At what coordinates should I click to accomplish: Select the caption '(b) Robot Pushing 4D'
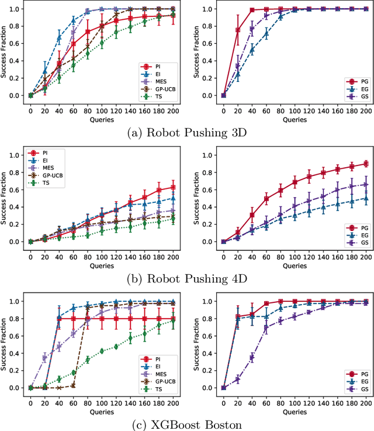tap(186, 275)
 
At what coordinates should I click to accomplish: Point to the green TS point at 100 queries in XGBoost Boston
tap(102, 350)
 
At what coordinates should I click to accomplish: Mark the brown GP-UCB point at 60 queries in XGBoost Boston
tap(73, 385)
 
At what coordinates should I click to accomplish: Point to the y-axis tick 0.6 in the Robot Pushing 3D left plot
tap(16, 43)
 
